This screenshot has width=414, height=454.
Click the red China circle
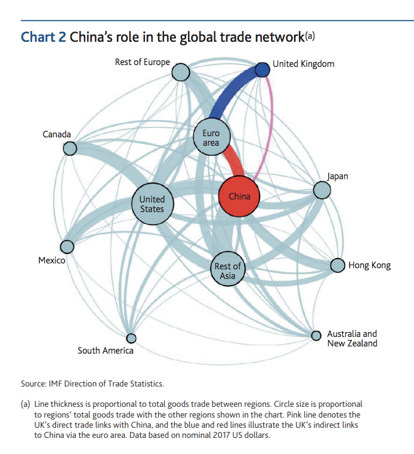239,196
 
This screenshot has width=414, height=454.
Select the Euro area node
212,137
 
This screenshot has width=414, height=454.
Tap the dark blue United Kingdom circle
262,70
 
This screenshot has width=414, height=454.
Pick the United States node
153,204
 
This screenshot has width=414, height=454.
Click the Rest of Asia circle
228,269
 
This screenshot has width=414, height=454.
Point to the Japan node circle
322,190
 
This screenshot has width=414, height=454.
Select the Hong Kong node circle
338,265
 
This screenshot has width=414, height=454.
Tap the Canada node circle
70,149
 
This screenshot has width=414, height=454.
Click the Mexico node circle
67,247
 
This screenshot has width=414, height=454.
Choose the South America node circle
131,338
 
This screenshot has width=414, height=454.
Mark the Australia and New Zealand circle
316,336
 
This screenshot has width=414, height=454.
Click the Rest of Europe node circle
181,72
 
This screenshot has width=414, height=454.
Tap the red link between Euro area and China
235,161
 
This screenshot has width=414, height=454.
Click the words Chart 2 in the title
44,37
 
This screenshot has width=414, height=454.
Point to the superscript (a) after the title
310,36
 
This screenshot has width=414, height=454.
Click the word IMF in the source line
55,384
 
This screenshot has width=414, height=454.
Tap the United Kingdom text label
304,64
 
